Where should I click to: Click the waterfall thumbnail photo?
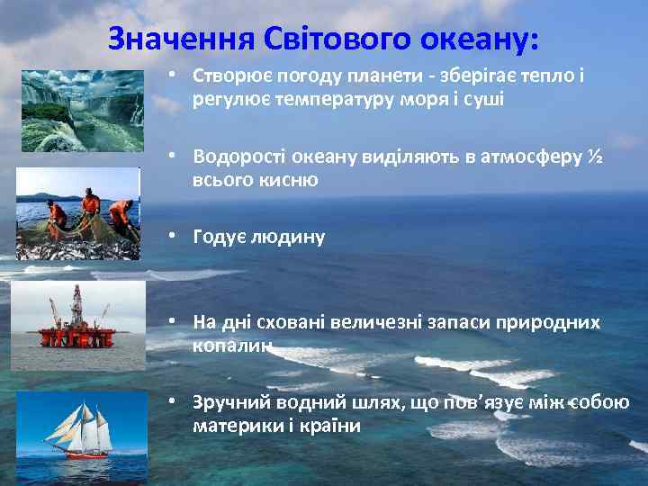81,111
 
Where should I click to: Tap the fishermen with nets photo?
79,214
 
